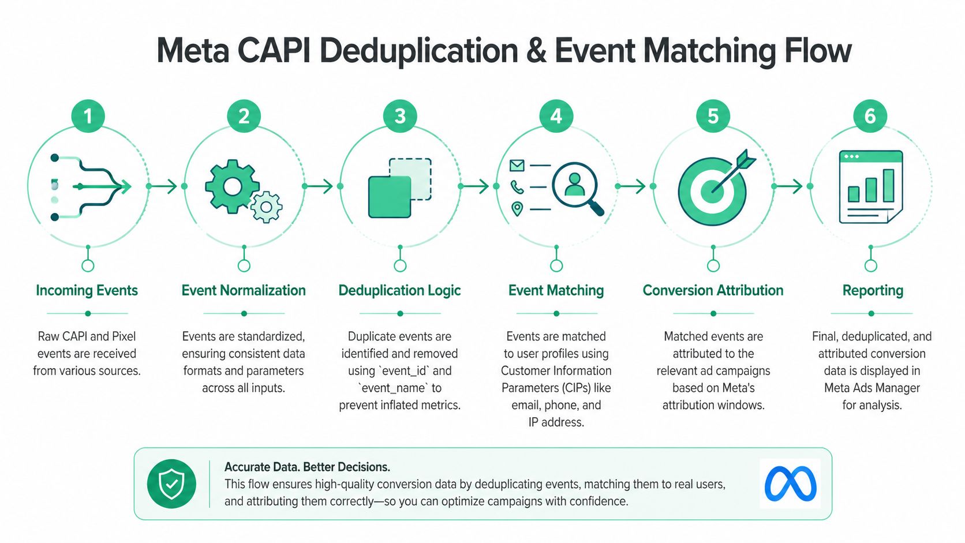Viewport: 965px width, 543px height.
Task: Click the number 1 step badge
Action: (x=88, y=116)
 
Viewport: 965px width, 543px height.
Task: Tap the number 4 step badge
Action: (x=556, y=116)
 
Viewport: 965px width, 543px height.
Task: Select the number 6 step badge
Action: (x=870, y=116)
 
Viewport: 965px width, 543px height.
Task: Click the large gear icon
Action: (x=232, y=186)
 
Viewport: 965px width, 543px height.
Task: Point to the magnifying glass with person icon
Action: (x=575, y=186)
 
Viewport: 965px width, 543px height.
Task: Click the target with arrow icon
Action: (x=713, y=189)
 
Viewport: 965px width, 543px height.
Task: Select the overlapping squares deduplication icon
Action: (x=399, y=188)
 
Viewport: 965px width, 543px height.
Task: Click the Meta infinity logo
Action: (x=790, y=484)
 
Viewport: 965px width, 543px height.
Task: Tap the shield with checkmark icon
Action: (x=171, y=484)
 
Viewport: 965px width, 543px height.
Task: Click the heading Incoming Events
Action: (x=87, y=290)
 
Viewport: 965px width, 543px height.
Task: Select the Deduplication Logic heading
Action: (x=399, y=290)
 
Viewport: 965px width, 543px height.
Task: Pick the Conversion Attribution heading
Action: (x=713, y=290)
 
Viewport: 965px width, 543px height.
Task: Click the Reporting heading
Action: (x=873, y=290)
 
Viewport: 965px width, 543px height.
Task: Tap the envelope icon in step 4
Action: (x=517, y=166)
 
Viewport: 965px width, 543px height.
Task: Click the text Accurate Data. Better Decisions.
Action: (x=307, y=467)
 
